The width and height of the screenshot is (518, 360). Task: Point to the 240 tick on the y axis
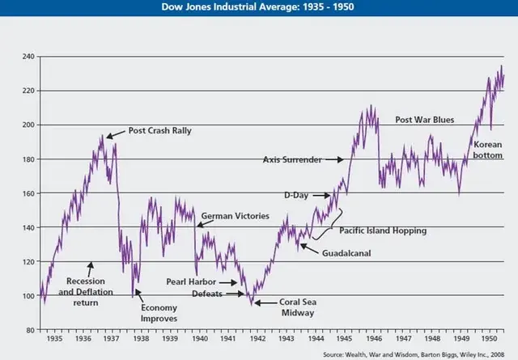28,57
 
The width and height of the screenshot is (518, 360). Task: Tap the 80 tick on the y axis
30,330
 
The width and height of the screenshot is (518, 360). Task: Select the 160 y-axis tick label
28,193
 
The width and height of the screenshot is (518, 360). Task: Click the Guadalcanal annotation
350,252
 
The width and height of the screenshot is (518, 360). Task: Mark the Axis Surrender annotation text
291,160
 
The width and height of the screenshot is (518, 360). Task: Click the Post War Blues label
424,120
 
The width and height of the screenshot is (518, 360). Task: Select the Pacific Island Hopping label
382,231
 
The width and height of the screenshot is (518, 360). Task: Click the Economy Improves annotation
159,313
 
